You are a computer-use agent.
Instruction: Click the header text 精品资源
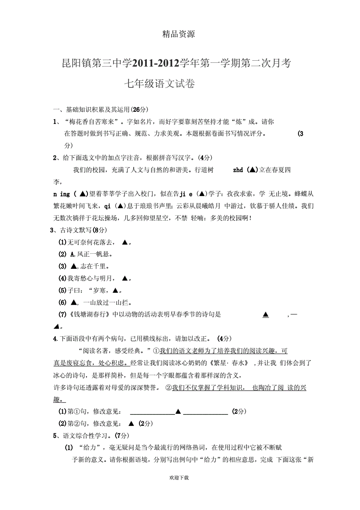coord(178,34)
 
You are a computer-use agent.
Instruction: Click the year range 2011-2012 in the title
coord(155,63)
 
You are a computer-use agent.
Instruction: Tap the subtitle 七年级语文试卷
coord(159,84)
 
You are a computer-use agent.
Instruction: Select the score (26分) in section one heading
coord(139,110)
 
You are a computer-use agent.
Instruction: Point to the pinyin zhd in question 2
coord(238,170)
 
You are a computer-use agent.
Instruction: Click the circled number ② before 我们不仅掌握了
coord(169,388)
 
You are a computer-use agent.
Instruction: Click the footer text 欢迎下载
coord(179,478)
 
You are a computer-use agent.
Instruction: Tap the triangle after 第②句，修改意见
coord(131,424)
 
